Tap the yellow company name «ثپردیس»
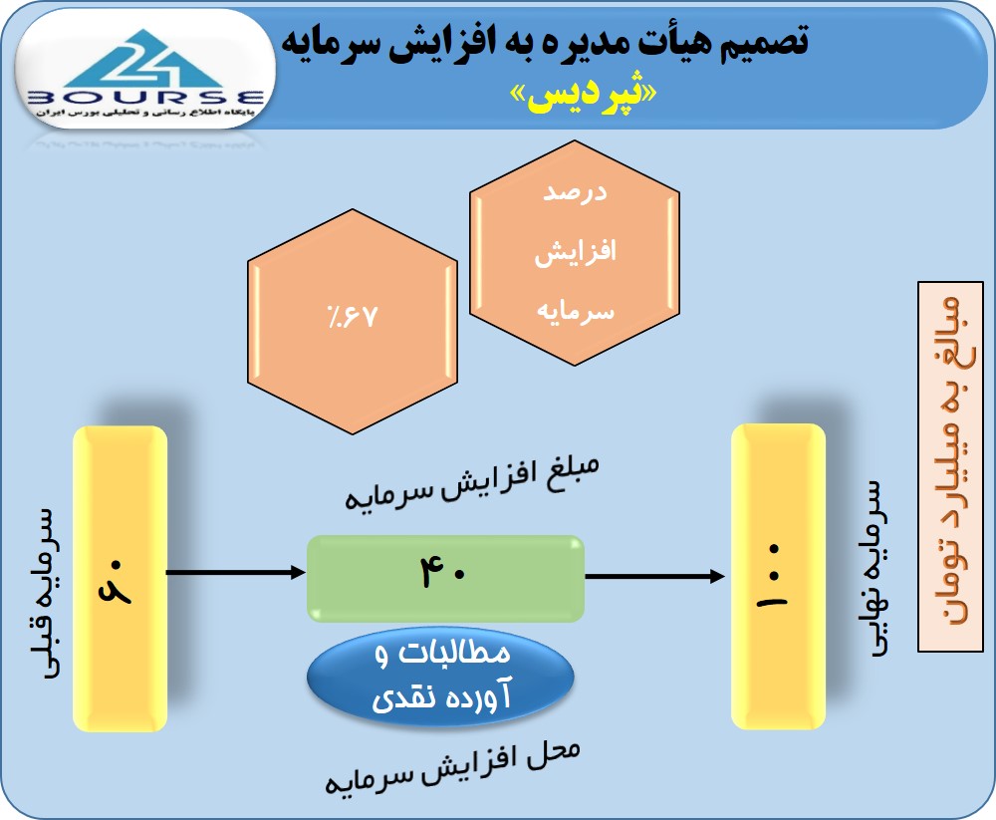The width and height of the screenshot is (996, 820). (x=583, y=97)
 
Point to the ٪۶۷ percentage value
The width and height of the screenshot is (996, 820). (x=353, y=316)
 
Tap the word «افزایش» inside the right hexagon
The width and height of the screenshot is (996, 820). (x=575, y=252)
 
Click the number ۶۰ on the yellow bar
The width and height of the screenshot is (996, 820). (x=116, y=580)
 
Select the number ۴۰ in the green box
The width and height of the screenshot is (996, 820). (x=443, y=571)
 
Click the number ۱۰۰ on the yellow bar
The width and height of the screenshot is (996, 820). (x=773, y=576)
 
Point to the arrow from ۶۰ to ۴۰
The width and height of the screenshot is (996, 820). (x=236, y=572)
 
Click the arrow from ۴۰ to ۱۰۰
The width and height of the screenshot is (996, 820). (x=655, y=577)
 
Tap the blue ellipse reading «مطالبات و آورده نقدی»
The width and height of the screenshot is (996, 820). (x=441, y=677)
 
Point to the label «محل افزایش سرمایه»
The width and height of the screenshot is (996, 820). (x=452, y=767)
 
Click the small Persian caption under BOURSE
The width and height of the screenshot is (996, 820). (x=144, y=112)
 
